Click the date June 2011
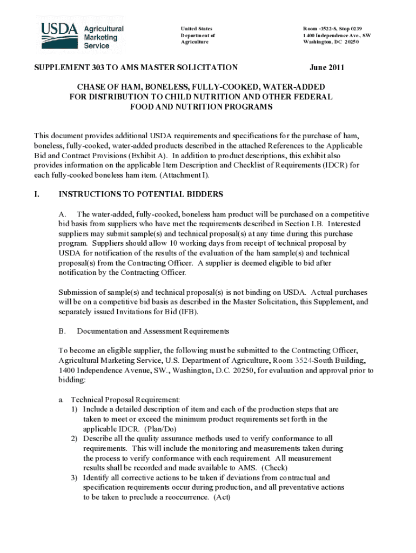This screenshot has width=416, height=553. point(327,68)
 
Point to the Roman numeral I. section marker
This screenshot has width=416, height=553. point(37,194)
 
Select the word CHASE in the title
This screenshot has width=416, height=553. point(89,87)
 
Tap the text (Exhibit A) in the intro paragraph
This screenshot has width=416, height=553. point(147,156)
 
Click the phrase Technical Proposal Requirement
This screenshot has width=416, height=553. point(125,400)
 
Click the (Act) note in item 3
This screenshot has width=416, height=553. point(222,497)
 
